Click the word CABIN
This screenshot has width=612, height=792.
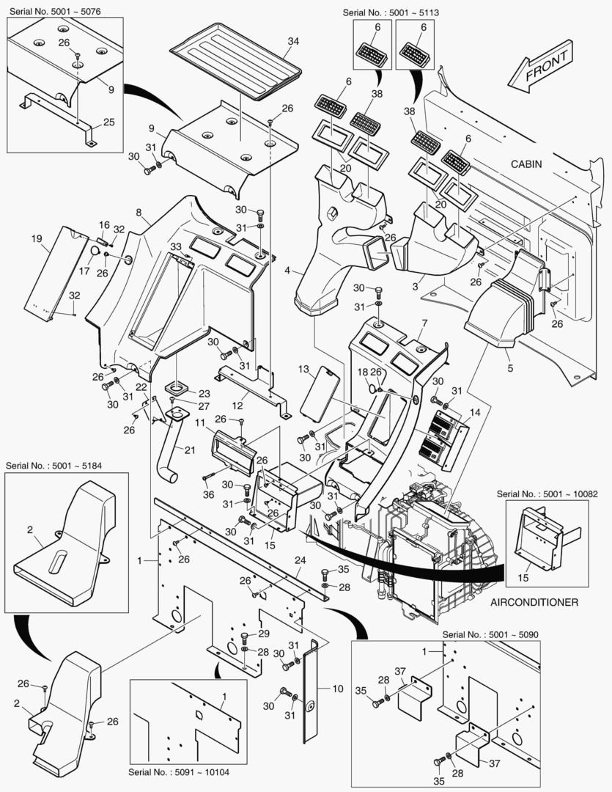click(526, 164)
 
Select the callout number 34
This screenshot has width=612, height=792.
click(293, 42)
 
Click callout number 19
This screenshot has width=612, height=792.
click(35, 238)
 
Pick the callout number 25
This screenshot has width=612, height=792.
click(108, 122)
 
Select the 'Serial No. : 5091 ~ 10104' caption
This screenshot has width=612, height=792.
click(183, 772)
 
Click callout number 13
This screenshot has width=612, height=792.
click(303, 370)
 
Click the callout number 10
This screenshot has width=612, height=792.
click(337, 689)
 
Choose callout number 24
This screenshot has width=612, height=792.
click(299, 560)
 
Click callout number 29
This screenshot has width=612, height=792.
click(265, 634)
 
